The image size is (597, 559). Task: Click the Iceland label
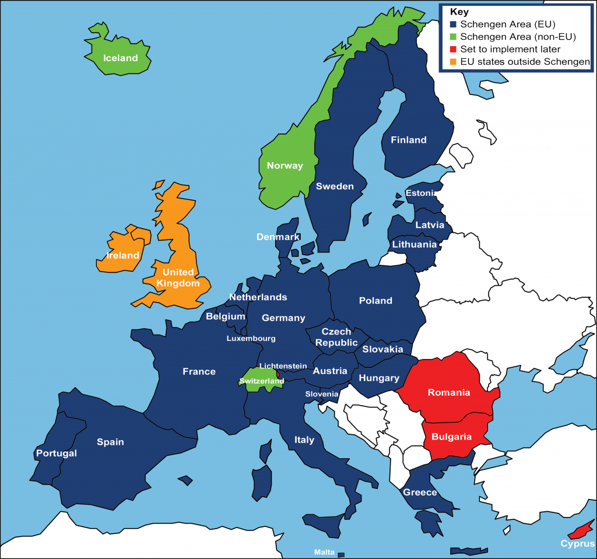(120, 58)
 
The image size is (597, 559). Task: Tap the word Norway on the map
(285, 166)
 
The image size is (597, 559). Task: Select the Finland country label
(408, 140)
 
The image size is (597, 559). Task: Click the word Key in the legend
(459, 12)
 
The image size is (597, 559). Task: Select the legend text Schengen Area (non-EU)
(518, 37)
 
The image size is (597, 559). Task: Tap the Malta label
(324, 552)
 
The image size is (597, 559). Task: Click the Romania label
(448, 392)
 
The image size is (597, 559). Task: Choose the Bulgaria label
(451, 436)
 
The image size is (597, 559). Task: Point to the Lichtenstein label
(283, 365)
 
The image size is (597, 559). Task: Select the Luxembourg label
(251, 338)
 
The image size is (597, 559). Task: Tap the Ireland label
(122, 255)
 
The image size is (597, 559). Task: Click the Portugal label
(56, 453)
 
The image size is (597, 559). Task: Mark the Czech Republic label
(336, 337)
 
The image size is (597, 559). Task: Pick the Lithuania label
(414, 244)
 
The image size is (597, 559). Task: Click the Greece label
(420, 493)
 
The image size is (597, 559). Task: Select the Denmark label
(278, 237)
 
